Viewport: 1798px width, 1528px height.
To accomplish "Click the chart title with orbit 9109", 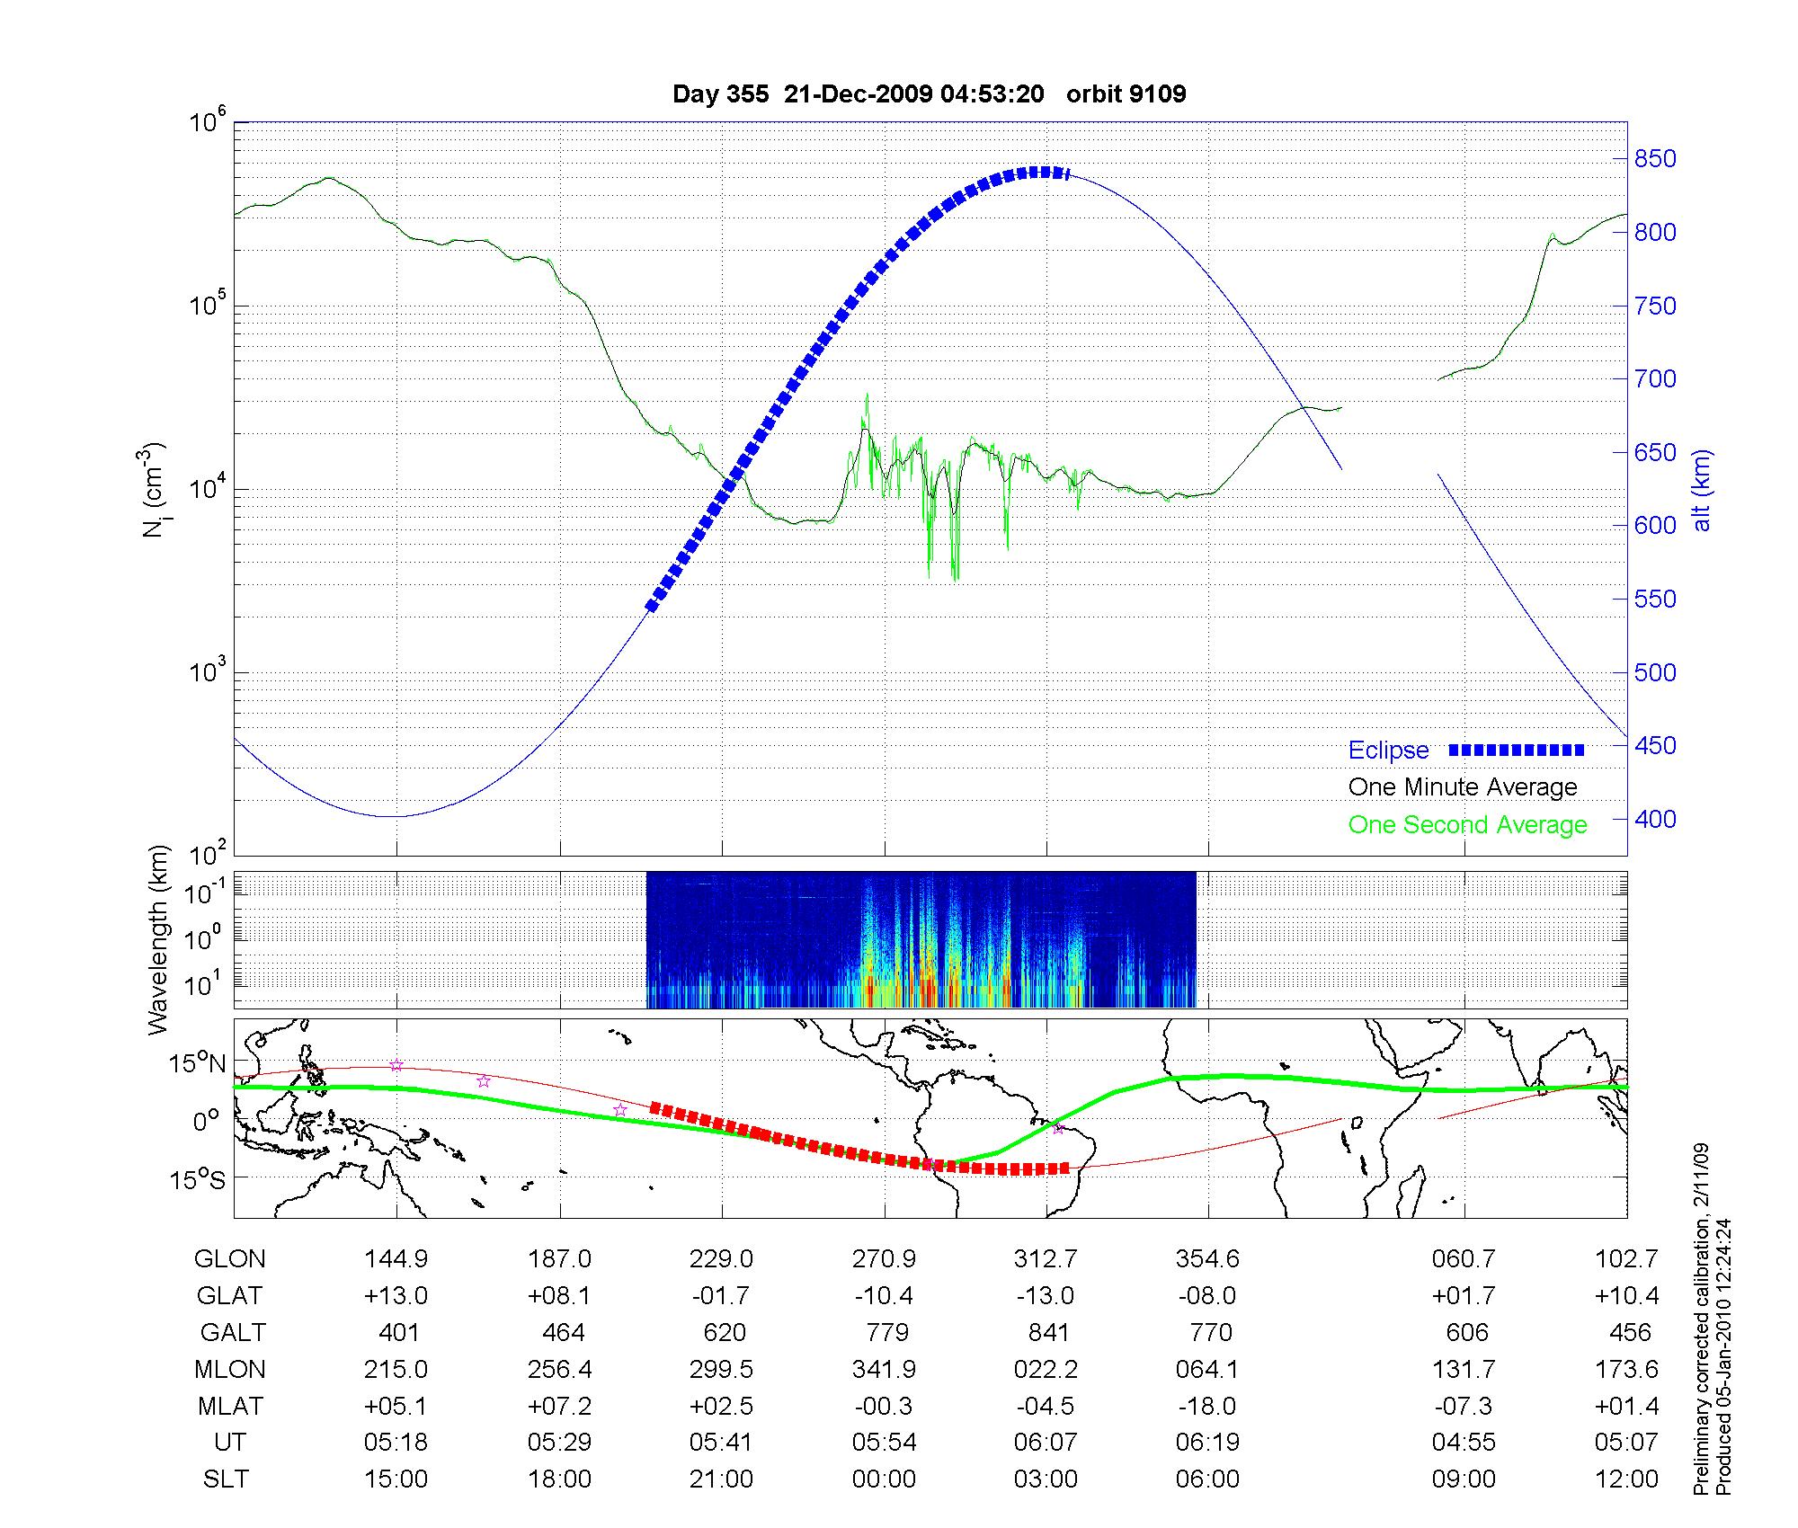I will (x=929, y=93).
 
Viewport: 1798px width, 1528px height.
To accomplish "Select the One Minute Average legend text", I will (x=1463, y=787).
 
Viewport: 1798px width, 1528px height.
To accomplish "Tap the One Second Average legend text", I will (x=1467, y=825).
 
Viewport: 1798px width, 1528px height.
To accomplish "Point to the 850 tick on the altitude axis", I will (x=1655, y=159).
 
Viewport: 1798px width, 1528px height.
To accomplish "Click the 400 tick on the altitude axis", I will (x=1655, y=819).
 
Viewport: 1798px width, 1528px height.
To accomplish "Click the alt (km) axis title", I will (x=1703, y=491).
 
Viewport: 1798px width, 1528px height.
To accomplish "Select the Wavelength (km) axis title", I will (x=158, y=939).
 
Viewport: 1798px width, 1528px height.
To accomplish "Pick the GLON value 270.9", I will (x=884, y=1258).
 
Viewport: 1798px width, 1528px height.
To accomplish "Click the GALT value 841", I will (x=1047, y=1332).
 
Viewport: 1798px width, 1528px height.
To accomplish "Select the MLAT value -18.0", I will (x=1207, y=1406).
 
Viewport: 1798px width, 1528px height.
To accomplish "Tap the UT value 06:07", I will (x=1046, y=1443).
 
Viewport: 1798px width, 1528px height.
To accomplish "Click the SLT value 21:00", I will (x=721, y=1479).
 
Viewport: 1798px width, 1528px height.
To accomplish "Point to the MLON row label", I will (x=229, y=1369).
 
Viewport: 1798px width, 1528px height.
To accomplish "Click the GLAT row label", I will (x=229, y=1295).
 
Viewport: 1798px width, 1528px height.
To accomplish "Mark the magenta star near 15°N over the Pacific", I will (x=396, y=1065).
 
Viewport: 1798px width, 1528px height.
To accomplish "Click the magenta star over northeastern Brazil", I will (x=1058, y=1128).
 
